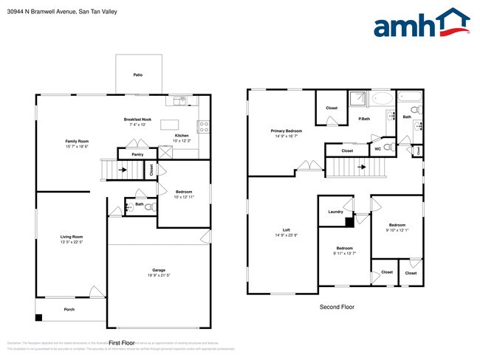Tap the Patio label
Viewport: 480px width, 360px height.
coord(137,75)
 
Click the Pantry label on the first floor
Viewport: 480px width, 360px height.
coord(137,154)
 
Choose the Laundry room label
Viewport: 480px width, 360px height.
coord(335,212)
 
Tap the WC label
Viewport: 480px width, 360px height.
coord(377,149)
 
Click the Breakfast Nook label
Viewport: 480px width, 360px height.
coord(137,120)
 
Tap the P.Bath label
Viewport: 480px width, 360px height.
coord(364,119)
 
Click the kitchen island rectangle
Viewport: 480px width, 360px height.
coord(171,124)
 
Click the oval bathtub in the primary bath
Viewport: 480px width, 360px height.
coord(382,99)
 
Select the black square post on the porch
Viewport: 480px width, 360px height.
coord(40,318)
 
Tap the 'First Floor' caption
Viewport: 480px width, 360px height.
coord(122,343)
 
